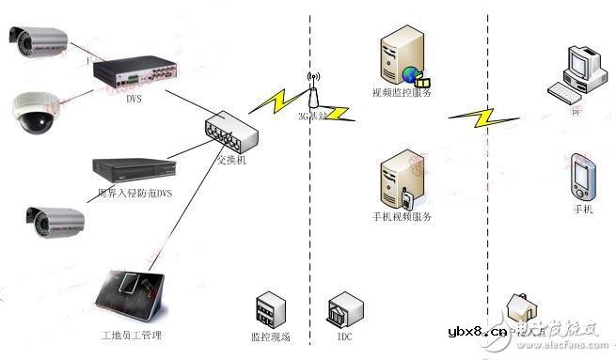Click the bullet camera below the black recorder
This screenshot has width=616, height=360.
pos(55,222)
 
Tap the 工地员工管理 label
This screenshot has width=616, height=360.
pos(131,336)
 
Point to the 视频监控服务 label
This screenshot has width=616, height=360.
pos(402,92)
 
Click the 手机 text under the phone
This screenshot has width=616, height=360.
pos(583,209)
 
